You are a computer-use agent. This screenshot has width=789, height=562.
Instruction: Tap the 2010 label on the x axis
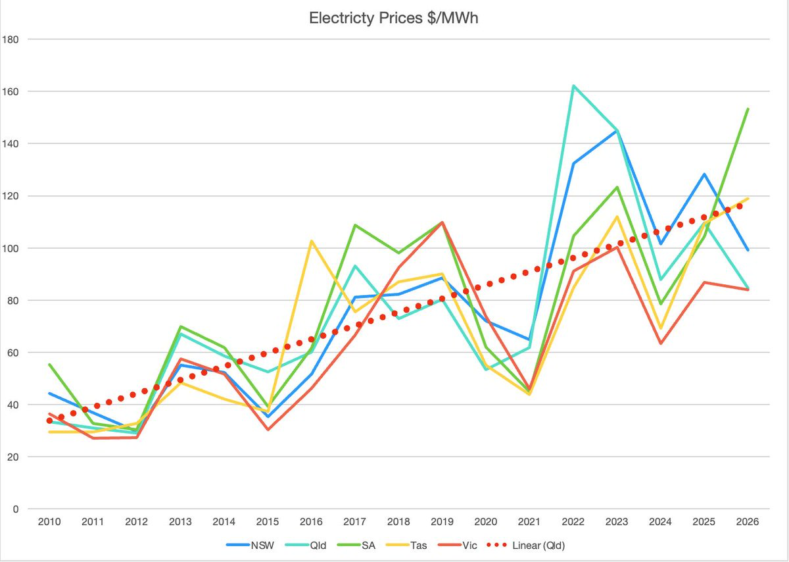[49, 522]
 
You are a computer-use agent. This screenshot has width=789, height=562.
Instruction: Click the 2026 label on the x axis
[748, 522]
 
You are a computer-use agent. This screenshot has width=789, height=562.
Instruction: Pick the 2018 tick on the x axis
[398, 522]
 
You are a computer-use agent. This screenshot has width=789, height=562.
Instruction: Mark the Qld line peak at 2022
[573, 86]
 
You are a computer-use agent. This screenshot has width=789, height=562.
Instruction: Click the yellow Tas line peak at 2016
[312, 241]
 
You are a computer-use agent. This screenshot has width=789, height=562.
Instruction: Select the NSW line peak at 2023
[617, 130]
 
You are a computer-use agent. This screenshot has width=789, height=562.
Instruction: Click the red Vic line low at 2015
[268, 430]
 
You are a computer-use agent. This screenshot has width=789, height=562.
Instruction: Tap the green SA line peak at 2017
[355, 225]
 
